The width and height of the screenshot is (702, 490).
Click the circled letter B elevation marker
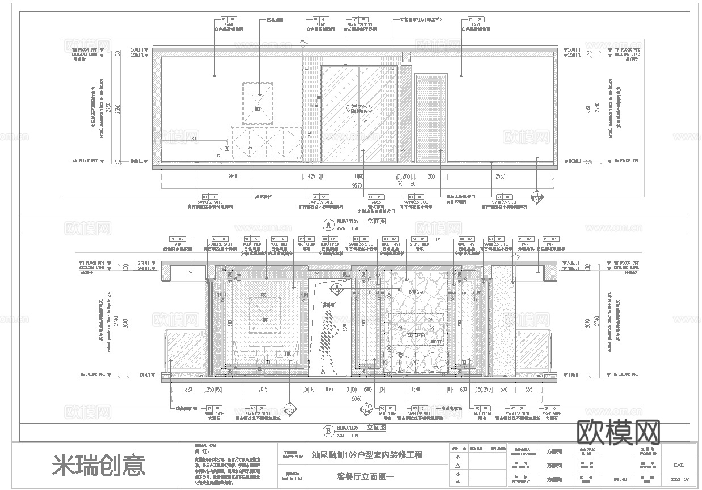click(327, 431)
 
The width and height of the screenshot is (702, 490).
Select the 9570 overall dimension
click(357, 184)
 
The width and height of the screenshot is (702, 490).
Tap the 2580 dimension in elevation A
click(501, 177)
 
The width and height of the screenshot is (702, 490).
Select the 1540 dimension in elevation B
click(416, 390)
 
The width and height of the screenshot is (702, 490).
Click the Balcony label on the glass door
click(359, 107)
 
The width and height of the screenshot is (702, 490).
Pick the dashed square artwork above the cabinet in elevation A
click(258, 103)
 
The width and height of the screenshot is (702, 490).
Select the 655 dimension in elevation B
click(528, 390)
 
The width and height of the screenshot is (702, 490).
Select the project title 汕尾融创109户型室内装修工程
click(367, 455)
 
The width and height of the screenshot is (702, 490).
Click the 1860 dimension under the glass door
click(359, 177)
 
